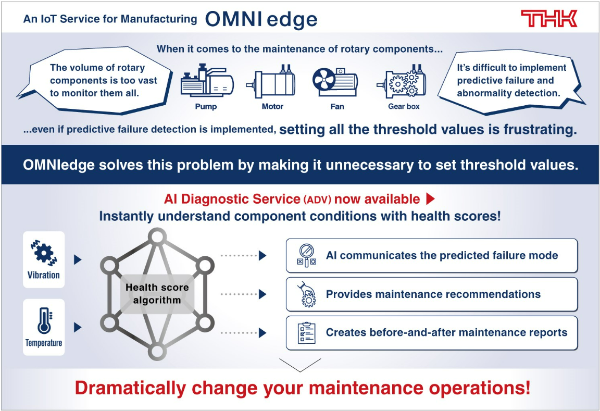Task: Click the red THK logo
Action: (x=549, y=19)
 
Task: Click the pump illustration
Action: (x=206, y=82)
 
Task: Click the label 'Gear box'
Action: (x=404, y=106)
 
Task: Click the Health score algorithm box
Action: (x=157, y=293)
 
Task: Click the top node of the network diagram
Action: (x=156, y=237)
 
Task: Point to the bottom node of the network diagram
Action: (x=156, y=352)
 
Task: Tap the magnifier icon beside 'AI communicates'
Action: (x=306, y=255)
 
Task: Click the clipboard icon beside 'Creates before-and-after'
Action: (x=306, y=333)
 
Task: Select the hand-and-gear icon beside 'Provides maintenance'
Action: (x=306, y=294)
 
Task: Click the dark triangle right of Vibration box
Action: (x=78, y=259)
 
